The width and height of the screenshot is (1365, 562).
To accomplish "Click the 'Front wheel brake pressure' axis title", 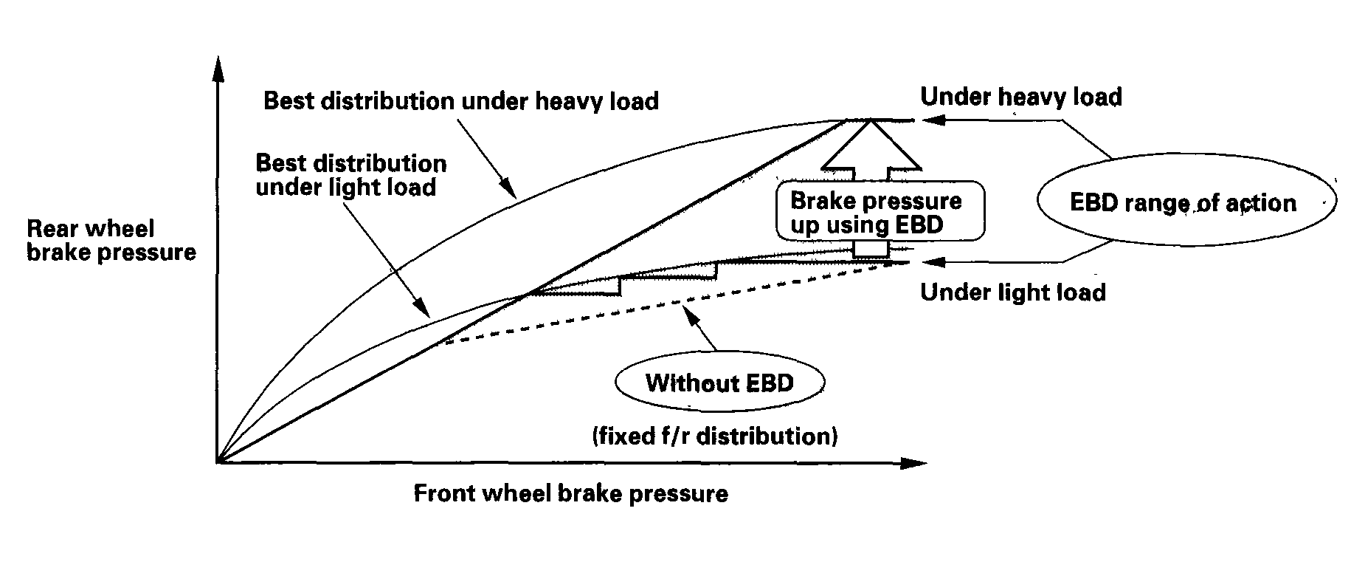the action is pos(570,493).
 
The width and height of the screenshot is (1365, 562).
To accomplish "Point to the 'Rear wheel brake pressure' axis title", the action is pos(111,241).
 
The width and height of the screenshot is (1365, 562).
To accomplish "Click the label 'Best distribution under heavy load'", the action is pos(461,100).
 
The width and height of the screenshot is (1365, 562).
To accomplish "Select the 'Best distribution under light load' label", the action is pos(351,174).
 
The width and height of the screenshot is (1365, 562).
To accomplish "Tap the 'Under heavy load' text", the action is pos(1021,97).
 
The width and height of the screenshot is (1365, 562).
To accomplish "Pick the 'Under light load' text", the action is pos(1013,292).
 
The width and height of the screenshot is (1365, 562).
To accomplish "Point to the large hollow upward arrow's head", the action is pos(871,143).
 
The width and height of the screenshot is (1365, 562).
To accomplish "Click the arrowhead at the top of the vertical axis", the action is pos(217,68).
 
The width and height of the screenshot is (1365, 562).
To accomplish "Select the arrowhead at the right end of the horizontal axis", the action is pos(913,463).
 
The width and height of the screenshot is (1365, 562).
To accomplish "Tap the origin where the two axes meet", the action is pos(217,463).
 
